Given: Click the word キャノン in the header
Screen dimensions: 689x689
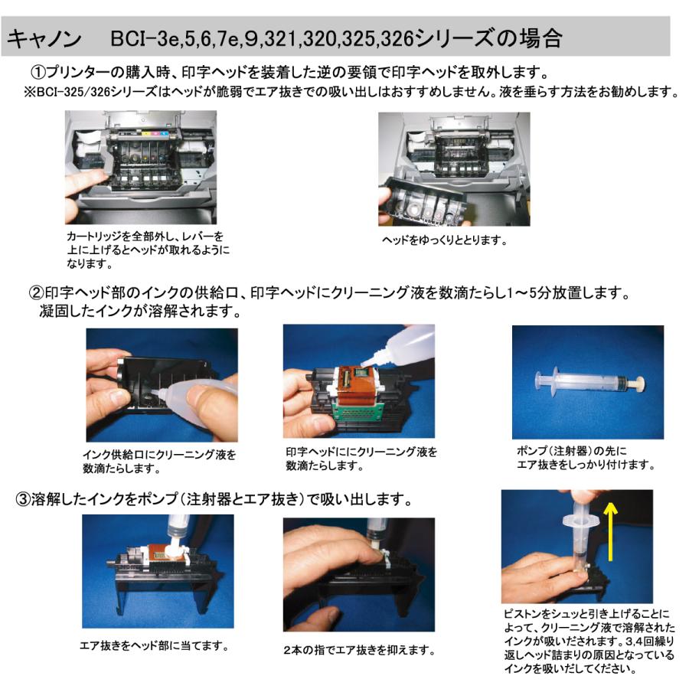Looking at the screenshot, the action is pyautogui.click(x=44, y=39).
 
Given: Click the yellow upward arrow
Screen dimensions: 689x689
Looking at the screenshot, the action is pyautogui.click(x=610, y=532).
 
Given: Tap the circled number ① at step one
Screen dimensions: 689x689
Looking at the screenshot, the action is pyautogui.click(x=38, y=72).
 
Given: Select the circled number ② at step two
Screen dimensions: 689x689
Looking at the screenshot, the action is pyautogui.click(x=36, y=292).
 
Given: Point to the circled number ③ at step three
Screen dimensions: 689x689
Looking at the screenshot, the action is pyautogui.click(x=23, y=499).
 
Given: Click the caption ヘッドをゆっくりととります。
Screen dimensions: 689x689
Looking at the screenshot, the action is pyautogui.click(x=445, y=240).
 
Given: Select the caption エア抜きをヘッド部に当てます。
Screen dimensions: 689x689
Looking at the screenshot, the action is pyautogui.click(x=154, y=646).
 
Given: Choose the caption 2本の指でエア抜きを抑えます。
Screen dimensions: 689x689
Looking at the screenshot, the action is pyautogui.click(x=359, y=650).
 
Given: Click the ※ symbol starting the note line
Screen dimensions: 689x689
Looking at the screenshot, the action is pyautogui.click(x=30, y=92).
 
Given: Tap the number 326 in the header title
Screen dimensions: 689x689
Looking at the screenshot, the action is pyautogui.click(x=397, y=39).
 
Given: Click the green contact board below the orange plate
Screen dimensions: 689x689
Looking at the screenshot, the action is pyautogui.click(x=357, y=411).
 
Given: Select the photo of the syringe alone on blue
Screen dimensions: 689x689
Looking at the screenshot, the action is pyautogui.click(x=588, y=382).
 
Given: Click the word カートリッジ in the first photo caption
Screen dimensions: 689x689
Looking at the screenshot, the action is pyautogui.click(x=93, y=237).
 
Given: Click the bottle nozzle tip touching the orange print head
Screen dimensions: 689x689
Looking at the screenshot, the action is pyautogui.click(x=364, y=364).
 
